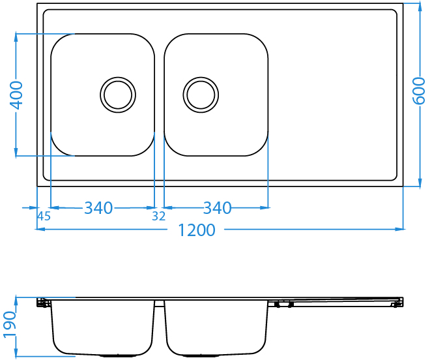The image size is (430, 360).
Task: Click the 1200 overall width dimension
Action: coord(197,230)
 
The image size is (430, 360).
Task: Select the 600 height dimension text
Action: coord(419,91)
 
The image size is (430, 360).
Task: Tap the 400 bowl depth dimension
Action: coord(16,95)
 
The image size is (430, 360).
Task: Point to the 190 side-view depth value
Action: coord(10,324)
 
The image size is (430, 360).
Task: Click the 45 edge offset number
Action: coord(44,217)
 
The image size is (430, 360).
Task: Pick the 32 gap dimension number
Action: coord(159,217)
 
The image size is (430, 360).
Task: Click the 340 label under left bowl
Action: coord(98,208)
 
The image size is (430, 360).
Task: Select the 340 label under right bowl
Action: coord(217,208)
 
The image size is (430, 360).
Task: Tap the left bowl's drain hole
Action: coord(118,95)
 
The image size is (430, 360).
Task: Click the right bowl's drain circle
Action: coord(201,95)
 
